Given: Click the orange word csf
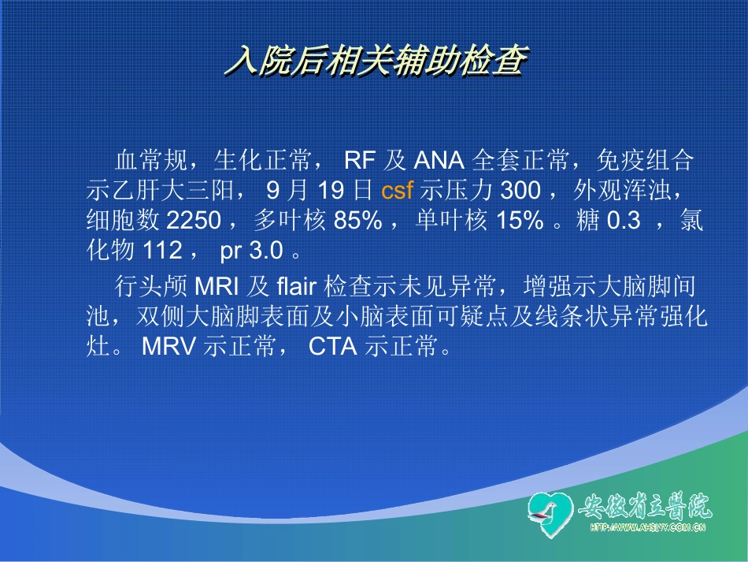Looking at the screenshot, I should pyautogui.click(x=397, y=191).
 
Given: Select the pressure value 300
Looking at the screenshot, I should pyautogui.click(x=520, y=191).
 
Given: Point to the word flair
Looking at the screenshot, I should pyautogui.click(x=296, y=285).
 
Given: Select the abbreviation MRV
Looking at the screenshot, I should pyautogui.click(x=169, y=347).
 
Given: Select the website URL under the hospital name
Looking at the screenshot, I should pyautogui.click(x=647, y=528).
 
